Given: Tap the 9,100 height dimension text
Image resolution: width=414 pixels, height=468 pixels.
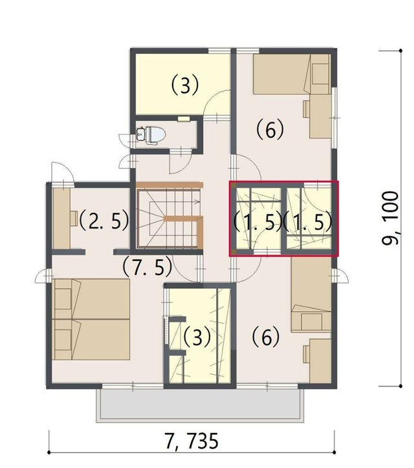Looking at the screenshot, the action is click(x=390, y=218).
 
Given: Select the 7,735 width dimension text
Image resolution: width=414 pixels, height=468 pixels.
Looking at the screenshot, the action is click(x=191, y=441).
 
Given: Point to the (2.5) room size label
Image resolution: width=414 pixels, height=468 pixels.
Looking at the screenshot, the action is click(x=103, y=220).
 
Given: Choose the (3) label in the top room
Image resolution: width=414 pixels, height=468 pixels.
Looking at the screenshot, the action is click(x=185, y=85).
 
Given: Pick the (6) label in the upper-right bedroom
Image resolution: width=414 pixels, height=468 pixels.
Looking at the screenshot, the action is click(x=270, y=129).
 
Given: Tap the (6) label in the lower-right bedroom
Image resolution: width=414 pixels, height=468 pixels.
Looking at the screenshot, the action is click(x=266, y=337).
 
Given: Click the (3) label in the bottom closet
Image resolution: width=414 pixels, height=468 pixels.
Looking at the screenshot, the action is click(x=197, y=337).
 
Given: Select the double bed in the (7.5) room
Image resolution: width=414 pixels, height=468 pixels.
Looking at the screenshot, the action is click(x=91, y=319).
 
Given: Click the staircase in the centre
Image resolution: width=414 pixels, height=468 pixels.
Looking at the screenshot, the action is click(x=169, y=215).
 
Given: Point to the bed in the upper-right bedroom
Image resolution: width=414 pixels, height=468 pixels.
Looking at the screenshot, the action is click(x=292, y=74).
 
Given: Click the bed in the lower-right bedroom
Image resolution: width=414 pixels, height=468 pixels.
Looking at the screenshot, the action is click(x=311, y=295).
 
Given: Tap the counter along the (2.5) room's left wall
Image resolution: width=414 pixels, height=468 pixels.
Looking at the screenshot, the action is click(x=61, y=218).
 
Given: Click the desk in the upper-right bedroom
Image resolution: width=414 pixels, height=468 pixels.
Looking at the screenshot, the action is click(x=318, y=117).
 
